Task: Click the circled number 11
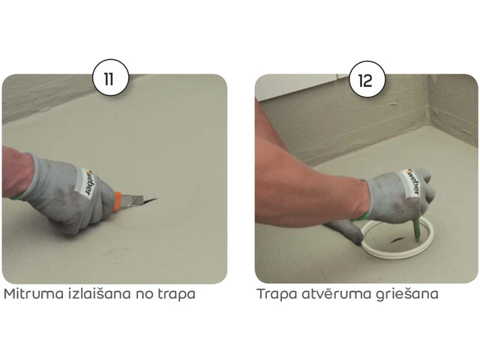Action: tap(110, 78)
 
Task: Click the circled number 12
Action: tap(367, 79)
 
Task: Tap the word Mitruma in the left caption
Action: tap(30, 294)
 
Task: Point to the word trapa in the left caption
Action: tap(177, 295)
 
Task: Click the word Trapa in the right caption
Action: tap(277, 295)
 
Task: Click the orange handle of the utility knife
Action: tap(117, 201)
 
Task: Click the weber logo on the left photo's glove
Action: tap(88, 183)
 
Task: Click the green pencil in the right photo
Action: tap(417, 230)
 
